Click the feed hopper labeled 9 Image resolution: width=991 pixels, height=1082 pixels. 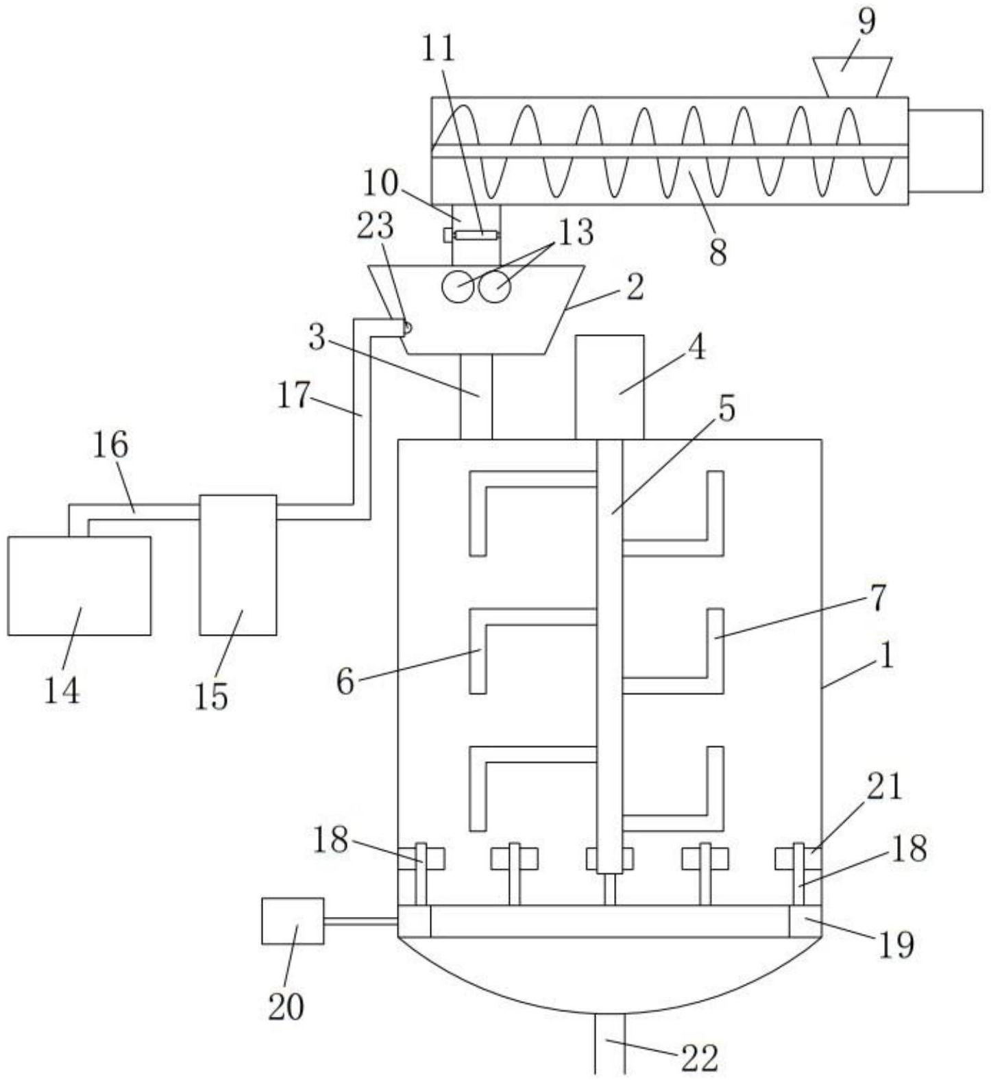[852, 77]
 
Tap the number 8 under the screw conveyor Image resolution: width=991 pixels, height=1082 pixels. [717, 252]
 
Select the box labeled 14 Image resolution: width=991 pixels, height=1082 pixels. [79, 586]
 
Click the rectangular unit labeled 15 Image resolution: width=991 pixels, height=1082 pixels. [238, 565]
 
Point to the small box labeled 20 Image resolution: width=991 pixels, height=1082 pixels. [293, 921]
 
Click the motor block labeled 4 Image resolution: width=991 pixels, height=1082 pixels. [609, 387]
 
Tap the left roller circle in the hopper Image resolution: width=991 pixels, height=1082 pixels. [457, 286]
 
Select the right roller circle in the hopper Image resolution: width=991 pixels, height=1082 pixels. [495, 286]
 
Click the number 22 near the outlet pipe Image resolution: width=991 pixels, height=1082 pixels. [699, 1057]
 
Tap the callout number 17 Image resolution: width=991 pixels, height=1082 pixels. [294, 395]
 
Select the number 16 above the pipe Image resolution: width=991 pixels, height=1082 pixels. [110, 445]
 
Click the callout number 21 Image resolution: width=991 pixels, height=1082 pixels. [884, 786]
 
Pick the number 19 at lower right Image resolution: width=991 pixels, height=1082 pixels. [896, 945]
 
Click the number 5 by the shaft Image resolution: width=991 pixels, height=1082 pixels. [726, 408]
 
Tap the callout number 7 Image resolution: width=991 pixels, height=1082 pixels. [878, 597]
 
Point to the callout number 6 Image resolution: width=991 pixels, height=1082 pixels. [345, 681]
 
